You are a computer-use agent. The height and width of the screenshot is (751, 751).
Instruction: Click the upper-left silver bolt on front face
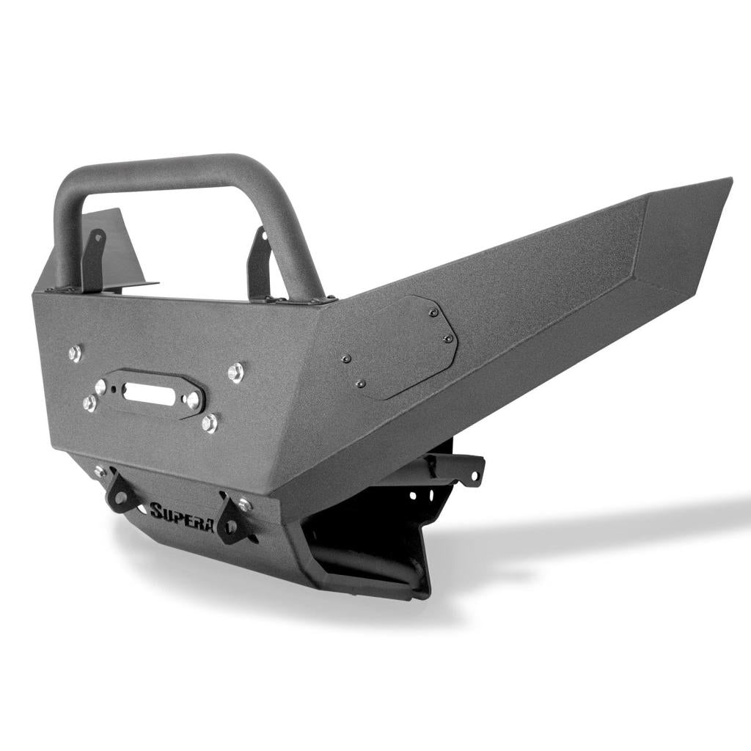point(74,353)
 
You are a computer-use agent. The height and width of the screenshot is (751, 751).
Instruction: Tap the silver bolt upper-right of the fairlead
point(235,373)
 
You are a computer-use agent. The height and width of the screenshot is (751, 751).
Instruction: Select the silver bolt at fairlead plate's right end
point(194,400)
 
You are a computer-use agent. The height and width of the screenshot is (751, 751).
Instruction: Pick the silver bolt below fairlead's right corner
point(210,422)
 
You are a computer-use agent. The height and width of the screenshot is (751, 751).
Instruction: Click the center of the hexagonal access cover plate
point(398,347)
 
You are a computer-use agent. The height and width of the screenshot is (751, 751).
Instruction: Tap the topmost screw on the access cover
point(433,313)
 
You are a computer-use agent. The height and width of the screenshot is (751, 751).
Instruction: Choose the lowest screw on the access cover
point(359,384)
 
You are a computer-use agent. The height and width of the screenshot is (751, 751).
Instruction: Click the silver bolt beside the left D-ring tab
point(100,472)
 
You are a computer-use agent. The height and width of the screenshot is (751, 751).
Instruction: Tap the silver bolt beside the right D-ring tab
point(245,505)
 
